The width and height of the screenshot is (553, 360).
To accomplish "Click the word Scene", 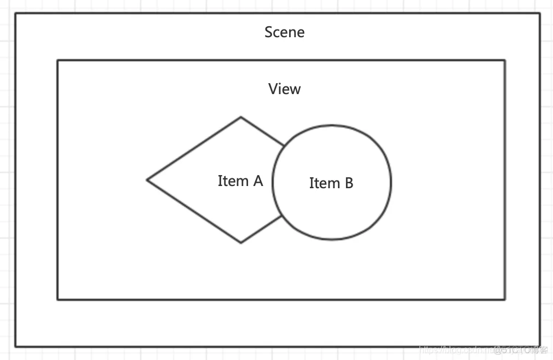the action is click(284, 32).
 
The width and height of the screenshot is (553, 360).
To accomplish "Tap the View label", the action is click(284, 89).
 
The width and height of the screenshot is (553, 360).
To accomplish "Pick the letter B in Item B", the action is click(348, 183).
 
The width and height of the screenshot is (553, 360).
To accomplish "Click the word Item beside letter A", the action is click(232, 181).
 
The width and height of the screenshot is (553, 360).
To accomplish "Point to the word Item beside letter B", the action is click(324, 183).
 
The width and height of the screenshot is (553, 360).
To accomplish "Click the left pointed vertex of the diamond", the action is click(147, 179).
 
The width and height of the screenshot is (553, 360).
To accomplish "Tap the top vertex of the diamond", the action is click(241, 117).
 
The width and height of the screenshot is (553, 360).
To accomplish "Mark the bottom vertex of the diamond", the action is click(241, 242).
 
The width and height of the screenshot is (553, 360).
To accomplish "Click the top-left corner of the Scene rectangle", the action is click(15, 13).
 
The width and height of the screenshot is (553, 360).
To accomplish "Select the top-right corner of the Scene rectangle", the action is click(540, 13).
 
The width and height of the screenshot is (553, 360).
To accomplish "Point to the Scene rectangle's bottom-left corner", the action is click(15, 346).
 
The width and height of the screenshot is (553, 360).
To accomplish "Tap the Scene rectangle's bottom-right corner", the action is click(540, 346).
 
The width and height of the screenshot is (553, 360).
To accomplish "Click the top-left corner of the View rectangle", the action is click(57, 60).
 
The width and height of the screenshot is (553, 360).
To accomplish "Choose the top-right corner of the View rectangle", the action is click(504, 60).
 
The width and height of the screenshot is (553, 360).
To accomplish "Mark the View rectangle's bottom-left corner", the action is click(57, 299).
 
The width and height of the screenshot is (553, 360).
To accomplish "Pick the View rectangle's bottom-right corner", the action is click(504, 299).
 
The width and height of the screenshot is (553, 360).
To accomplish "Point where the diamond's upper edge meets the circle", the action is click(284, 146).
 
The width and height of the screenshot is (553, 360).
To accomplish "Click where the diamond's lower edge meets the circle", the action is click(282, 216).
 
